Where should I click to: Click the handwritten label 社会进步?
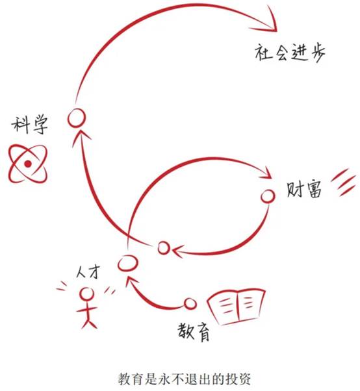(x=290, y=53)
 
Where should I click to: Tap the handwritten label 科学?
(x=30, y=125)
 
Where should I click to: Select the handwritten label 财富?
(x=304, y=190)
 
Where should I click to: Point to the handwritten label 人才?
(x=88, y=271)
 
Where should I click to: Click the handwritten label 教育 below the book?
(x=194, y=332)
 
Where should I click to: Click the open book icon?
(x=236, y=307)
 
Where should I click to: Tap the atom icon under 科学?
(x=28, y=164)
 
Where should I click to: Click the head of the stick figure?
(x=87, y=294)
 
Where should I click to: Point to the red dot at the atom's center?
(x=28, y=164)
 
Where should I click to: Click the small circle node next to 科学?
(x=77, y=118)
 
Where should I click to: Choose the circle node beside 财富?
(x=268, y=196)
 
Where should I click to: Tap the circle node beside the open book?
(x=190, y=304)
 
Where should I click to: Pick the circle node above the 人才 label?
(x=127, y=263)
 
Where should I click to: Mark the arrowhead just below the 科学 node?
(x=81, y=136)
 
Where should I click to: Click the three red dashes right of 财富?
(x=343, y=182)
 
